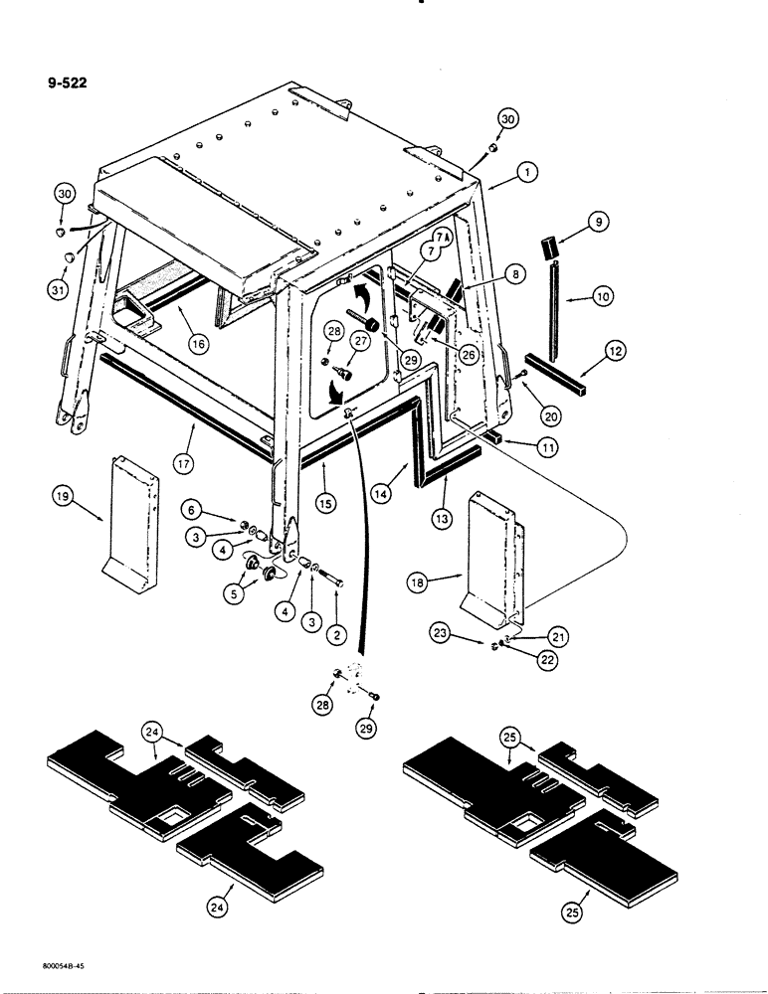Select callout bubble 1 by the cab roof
pos(527,172)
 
